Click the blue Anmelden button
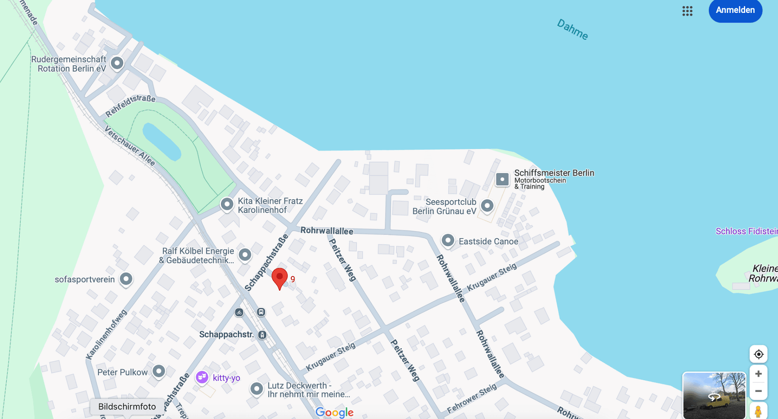(x=735, y=10)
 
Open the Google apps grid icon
(x=687, y=11)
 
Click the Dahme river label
(x=572, y=29)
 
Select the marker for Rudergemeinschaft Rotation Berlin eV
(x=117, y=63)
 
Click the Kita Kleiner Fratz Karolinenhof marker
(x=227, y=204)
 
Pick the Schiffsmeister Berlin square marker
(x=502, y=179)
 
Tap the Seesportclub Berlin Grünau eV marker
(x=487, y=206)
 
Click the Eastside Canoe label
(x=488, y=241)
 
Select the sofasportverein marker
(x=126, y=279)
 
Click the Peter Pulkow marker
(x=159, y=371)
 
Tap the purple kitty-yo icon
(x=202, y=377)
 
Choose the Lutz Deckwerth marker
(x=257, y=388)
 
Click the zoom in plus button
(x=758, y=374)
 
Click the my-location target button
(x=758, y=354)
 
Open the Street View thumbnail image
(x=714, y=395)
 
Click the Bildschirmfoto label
(x=127, y=406)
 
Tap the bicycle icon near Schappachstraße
(x=239, y=312)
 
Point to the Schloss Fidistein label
(x=746, y=231)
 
